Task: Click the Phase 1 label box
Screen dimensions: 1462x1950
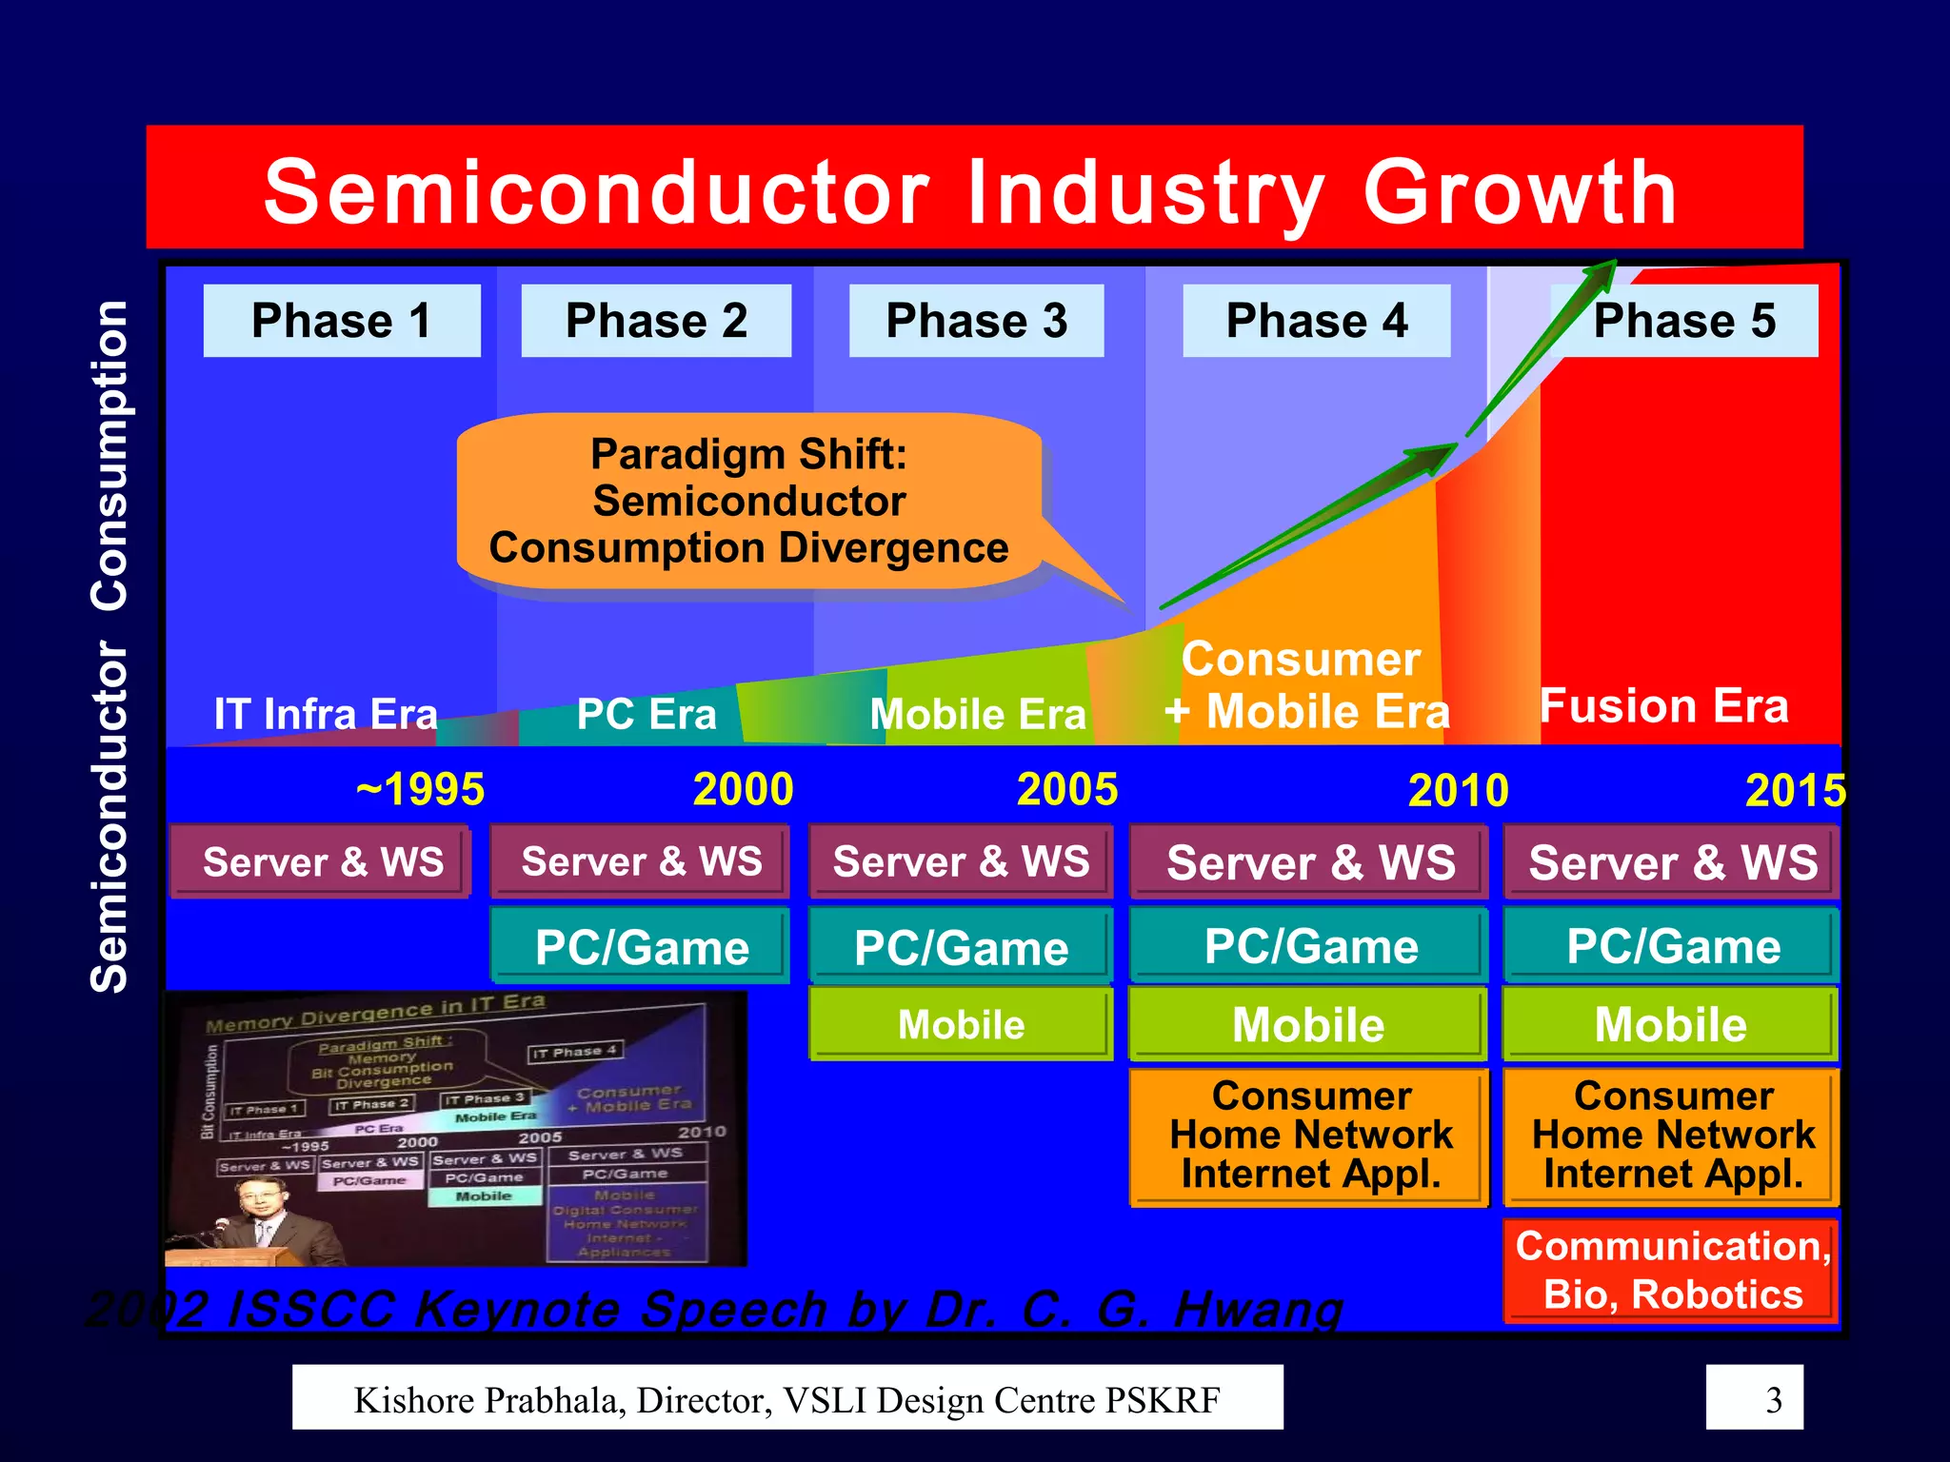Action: pyautogui.click(x=341, y=321)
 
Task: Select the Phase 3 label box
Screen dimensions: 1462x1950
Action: pyautogui.click(x=976, y=321)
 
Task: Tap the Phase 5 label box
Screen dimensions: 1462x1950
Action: pyautogui.click(x=1683, y=321)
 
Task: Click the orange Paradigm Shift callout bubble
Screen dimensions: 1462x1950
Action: pyautogui.click(x=748, y=502)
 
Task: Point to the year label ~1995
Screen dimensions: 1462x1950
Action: pyautogui.click(x=420, y=789)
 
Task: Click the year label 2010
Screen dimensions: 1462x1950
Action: pyautogui.click(x=1458, y=790)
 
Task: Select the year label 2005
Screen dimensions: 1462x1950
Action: pyautogui.click(x=1066, y=789)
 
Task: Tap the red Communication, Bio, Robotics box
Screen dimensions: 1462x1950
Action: pyautogui.click(x=1672, y=1270)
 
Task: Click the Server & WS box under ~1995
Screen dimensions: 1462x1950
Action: pyautogui.click(x=322, y=862)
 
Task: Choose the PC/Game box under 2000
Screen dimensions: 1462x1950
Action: pyautogui.click(x=641, y=947)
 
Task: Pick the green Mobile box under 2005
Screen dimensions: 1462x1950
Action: pyautogui.click(x=961, y=1025)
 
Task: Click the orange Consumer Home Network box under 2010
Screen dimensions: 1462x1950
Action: pyautogui.click(x=1310, y=1136)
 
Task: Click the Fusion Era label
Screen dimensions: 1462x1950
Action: pyautogui.click(x=1663, y=706)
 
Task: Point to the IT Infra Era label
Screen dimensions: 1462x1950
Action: pyautogui.click(x=326, y=714)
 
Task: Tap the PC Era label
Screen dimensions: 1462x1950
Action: pyautogui.click(x=646, y=714)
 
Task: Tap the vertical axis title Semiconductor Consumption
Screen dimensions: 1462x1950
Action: pyautogui.click(x=109, y=647)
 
